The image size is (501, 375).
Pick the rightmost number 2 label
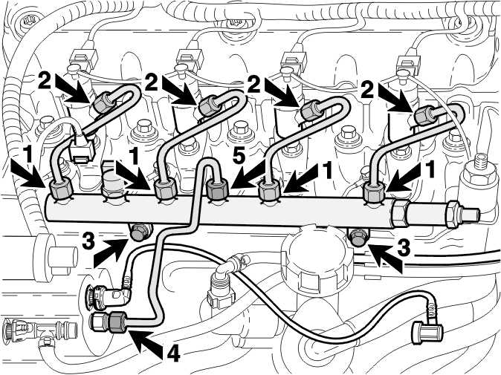(367, 90)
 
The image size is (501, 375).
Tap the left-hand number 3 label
(88, 241)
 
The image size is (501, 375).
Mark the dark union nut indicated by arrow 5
(218, 189)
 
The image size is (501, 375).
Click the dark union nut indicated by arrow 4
(119, 322)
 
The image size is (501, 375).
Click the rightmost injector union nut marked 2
(424, 116)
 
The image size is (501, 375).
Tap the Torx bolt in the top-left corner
(25, 22)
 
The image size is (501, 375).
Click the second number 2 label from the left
(152, 82)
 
